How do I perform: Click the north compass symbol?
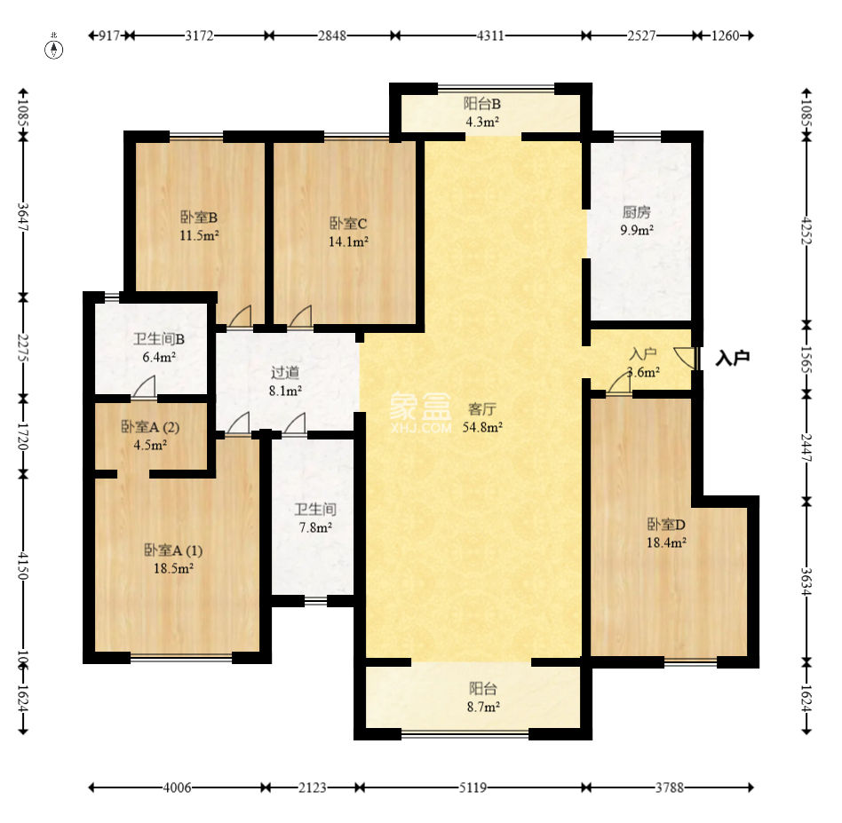[53, 48]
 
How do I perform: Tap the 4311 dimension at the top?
[490, 36]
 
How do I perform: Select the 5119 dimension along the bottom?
[473, 787]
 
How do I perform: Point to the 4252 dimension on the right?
[806, 230]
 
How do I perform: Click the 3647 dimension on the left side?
[22, 217]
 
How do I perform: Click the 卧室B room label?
[199, 218]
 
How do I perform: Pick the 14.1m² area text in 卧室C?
[348, 241]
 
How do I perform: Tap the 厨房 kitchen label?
[637, 212]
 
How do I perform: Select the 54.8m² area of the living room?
[483, 427]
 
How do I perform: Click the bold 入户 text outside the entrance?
[733, 358]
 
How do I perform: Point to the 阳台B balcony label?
[482, 104]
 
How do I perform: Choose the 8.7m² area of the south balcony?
[483, 707]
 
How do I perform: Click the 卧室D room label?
[666, 524]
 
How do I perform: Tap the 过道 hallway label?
[285, 372]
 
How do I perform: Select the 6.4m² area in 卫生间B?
[159, 357]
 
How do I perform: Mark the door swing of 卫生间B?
[144, 388]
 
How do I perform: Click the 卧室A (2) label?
[150, 427]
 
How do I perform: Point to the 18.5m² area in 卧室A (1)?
[173, 568]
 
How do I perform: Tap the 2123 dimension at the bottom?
[313, 787]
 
